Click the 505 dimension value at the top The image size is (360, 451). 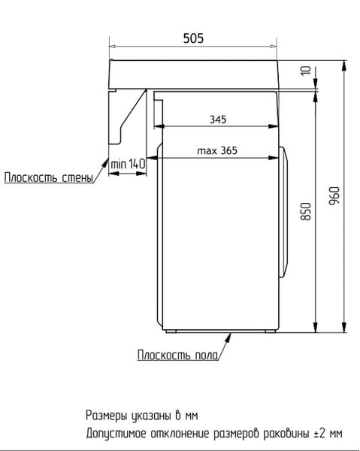[193, 38]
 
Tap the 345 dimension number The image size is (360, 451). [218, 120]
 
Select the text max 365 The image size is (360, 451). [217, 150]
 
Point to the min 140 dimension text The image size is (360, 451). [128, 164]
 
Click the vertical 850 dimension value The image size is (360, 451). [306, 211]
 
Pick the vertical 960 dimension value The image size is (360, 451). [334, 196]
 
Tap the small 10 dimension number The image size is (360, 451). [306, 71]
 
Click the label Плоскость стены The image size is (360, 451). [49, 177]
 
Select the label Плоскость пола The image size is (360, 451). [177, 355]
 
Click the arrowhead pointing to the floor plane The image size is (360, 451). [228, 337]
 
